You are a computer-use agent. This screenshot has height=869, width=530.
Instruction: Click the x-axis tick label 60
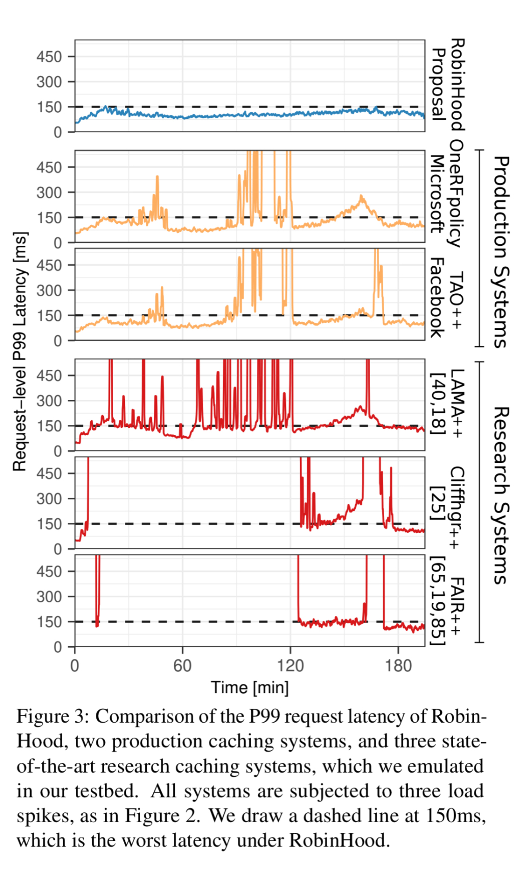point(182,666)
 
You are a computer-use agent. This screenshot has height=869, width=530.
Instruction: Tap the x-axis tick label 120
point(290,666)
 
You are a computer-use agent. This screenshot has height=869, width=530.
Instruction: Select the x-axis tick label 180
point(398,666)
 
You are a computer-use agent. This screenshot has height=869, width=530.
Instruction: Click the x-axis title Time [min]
point(250,687)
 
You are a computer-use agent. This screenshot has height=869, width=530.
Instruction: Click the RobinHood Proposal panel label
point(447,85)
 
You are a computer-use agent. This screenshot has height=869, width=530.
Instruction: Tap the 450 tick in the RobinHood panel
point(49,57)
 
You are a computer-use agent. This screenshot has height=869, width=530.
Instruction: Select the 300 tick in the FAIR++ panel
point(49,597)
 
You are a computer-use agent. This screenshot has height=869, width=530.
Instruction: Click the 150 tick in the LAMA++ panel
point(49,426)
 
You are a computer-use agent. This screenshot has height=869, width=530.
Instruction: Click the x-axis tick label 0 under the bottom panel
point(75,666)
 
